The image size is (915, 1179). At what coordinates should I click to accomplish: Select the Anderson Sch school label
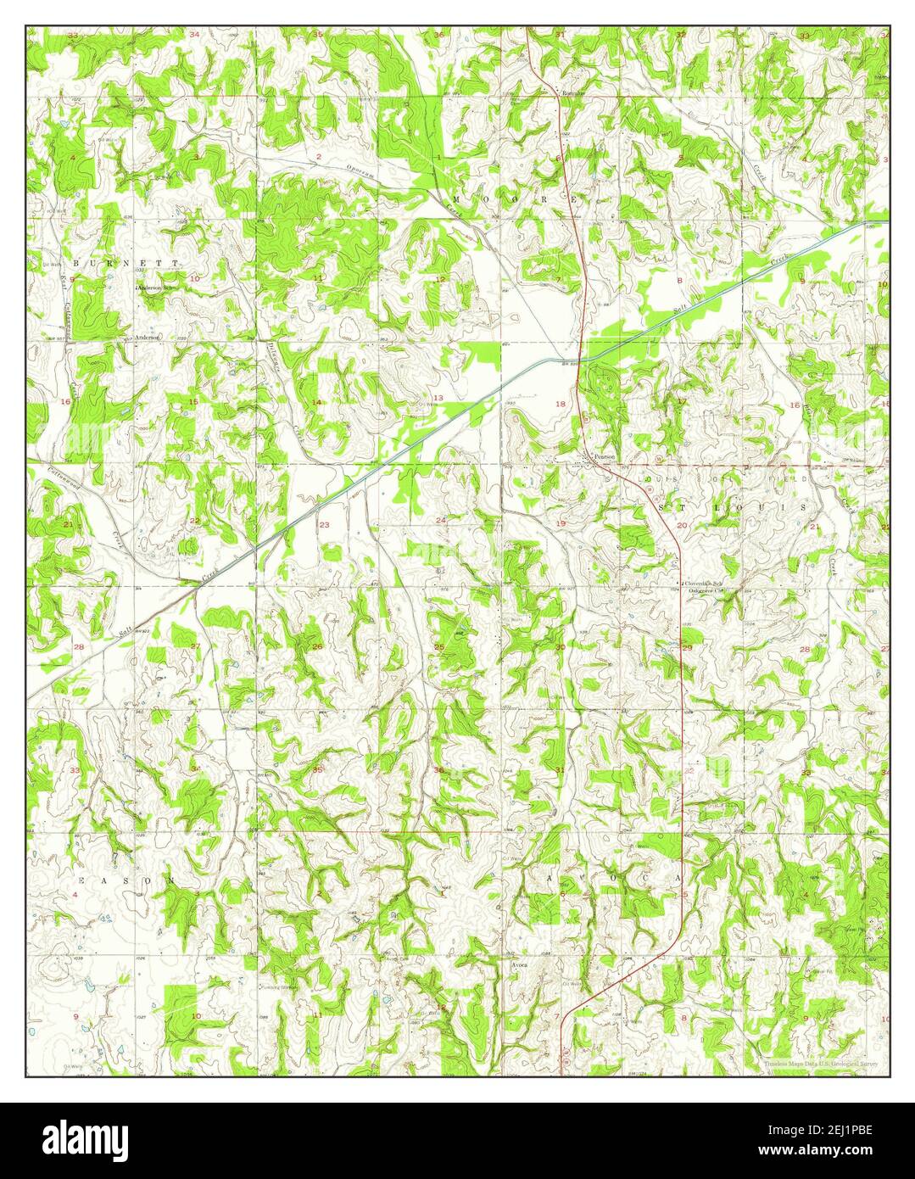160,288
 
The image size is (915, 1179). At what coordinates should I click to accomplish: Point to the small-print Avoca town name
520,965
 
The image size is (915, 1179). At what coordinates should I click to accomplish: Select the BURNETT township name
126,264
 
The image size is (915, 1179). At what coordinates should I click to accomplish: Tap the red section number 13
438,398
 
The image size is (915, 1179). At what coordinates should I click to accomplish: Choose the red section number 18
560,404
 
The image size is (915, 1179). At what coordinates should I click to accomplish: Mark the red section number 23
324,525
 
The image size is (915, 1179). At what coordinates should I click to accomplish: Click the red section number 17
682,400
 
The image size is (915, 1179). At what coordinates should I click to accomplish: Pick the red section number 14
316,402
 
